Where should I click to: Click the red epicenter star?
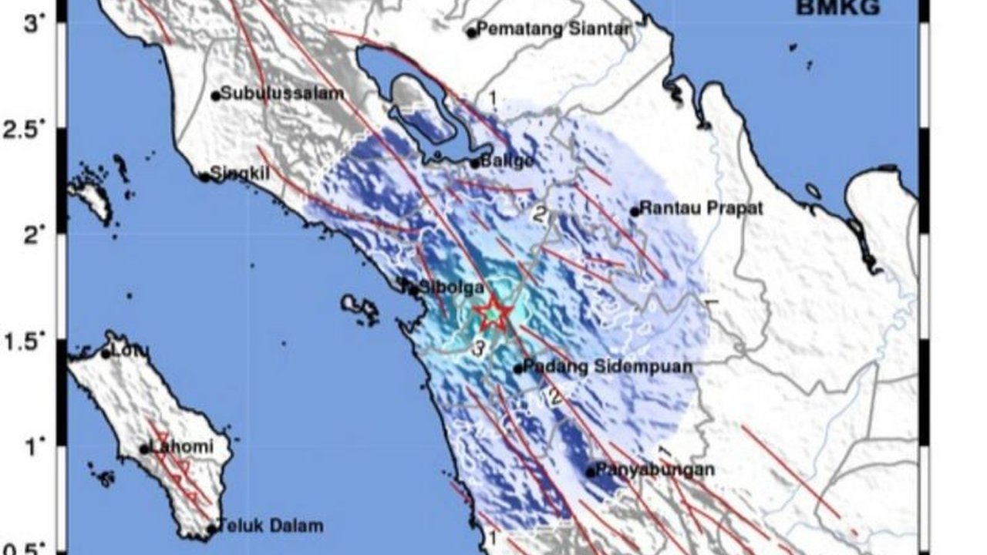coord(493,314)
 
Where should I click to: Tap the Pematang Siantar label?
coord(554,29)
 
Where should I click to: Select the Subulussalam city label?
coord(282,94)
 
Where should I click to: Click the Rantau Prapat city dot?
coord(635,211)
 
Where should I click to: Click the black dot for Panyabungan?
coord(591,472)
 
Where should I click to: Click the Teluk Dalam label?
coord(269,526)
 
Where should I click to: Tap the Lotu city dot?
coord(106,353)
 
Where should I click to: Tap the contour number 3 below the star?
coord(479,348)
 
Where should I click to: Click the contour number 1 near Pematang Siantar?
coord(492,99)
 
